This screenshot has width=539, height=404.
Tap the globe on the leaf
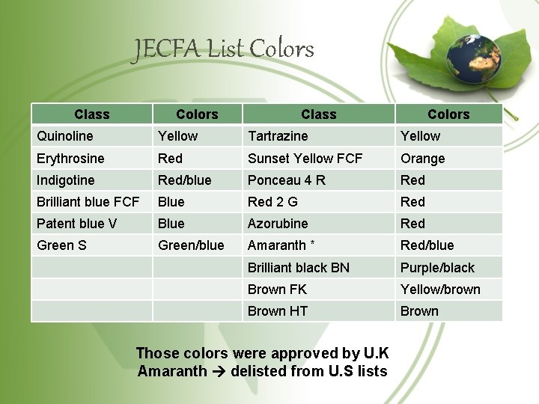tap(474, 58)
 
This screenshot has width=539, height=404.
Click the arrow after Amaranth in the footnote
tap(219, 372)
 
